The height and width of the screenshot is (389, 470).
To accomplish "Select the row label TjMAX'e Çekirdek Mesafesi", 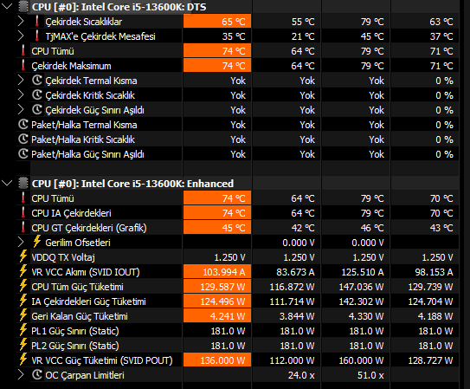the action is click(100, 36).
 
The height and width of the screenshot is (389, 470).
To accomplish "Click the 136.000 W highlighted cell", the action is click(217, 360).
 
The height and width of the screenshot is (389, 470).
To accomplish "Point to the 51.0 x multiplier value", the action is click(370, 375).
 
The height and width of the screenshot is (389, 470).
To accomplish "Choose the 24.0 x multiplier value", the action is click(301, 375).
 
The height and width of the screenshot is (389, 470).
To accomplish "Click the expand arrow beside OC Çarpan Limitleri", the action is click(21, 375).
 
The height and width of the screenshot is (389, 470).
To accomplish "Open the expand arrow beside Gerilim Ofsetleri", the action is click(21, 243).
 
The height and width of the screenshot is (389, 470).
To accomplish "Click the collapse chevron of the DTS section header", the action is click(7, 6).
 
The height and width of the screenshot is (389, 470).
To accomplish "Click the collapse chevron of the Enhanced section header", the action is click(7, 183).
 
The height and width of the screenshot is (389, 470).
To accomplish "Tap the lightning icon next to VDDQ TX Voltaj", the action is click(23, 256).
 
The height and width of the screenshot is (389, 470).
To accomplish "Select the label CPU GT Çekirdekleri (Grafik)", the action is click(89, 228).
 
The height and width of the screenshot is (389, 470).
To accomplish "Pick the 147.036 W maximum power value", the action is click(361, 287).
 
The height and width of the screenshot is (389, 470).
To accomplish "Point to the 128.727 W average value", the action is click(430, 360).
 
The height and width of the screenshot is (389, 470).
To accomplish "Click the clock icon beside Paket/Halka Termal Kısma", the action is click(23, 125).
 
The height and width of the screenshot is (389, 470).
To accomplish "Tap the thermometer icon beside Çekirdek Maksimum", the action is click(23, 65).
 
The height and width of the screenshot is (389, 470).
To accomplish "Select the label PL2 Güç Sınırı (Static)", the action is click(75, 346).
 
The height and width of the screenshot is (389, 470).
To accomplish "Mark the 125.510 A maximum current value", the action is click(363, 272).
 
